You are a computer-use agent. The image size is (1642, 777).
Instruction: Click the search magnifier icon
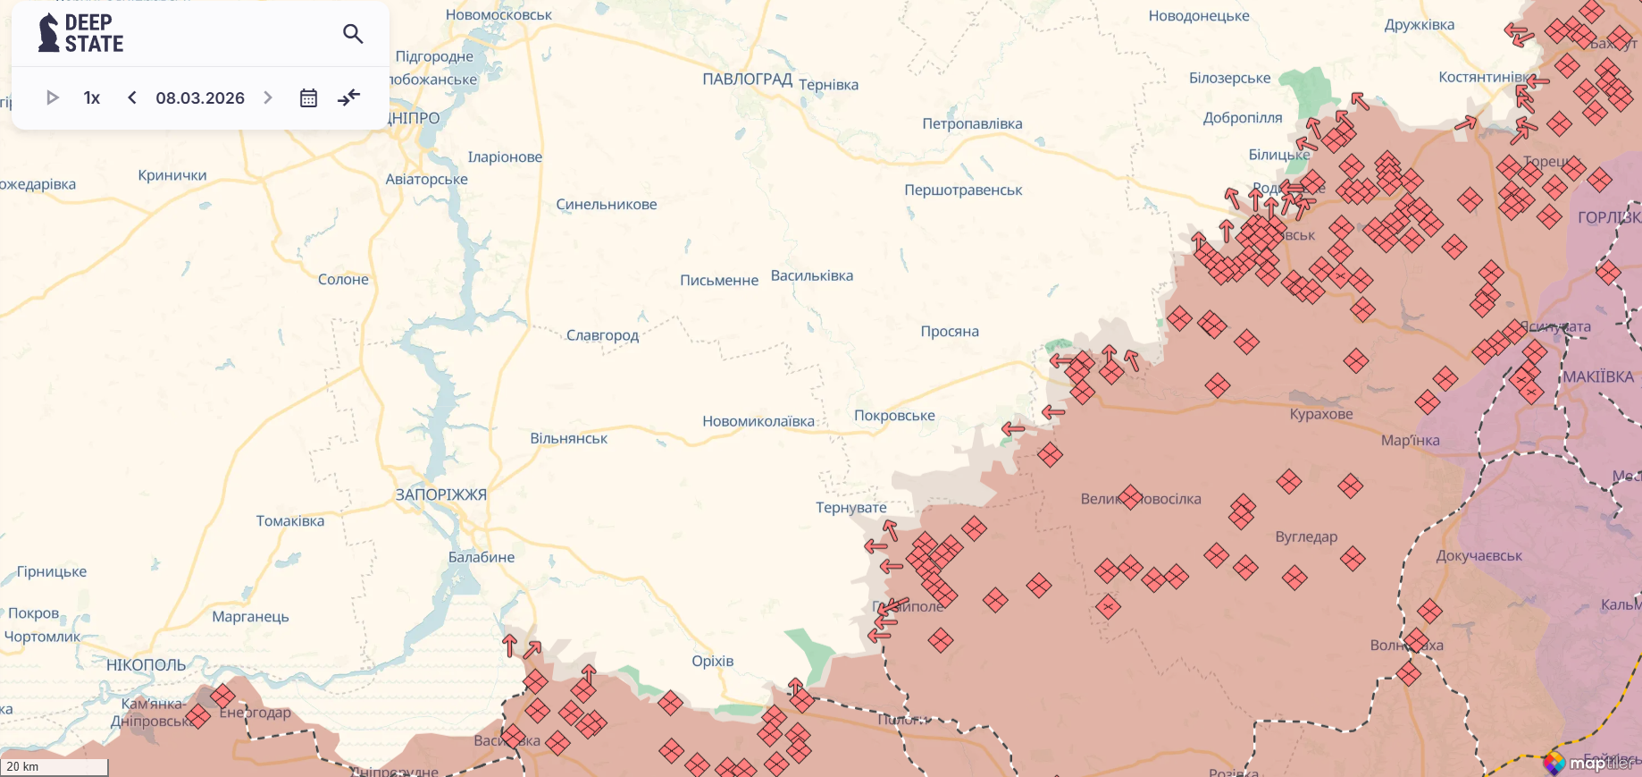[x=353, y=34]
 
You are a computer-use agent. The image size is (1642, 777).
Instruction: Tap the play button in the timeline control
[x=52, y=97]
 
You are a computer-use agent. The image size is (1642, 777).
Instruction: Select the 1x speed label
[x=92, y=97]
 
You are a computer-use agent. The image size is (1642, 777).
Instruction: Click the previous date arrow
[x=132, y=97]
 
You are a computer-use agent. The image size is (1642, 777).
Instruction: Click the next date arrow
[x=268, y=97]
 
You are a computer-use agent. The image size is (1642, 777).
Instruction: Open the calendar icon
[x=308, y=97]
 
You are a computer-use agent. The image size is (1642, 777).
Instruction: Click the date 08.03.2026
[x=200, y=97]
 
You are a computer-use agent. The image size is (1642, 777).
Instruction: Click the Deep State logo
[x=80, y=33]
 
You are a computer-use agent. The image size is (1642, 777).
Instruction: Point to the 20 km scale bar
[x=54, y=766]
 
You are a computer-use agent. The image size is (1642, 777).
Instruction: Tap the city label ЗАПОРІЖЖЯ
[x=441, y=494]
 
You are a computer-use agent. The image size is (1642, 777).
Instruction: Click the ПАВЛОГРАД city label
[x=747, y=79]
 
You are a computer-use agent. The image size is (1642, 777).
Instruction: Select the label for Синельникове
[x=607, y=204]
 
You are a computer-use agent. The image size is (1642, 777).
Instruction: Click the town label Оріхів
[x=712, y=661]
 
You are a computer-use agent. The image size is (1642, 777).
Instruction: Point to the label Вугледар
[x=1306, y=536]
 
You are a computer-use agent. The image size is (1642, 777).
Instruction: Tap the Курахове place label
[x=1321, y=414]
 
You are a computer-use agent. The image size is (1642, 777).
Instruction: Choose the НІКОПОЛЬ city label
[x=146, y=664]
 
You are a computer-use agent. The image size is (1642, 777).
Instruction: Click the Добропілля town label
[x=1243, y=117]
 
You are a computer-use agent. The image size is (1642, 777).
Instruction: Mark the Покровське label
[x=894, y=415]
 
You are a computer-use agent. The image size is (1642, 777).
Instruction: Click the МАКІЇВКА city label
[x=1598, y=376]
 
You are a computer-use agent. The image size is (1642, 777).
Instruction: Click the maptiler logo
[x=1591, y=763]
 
